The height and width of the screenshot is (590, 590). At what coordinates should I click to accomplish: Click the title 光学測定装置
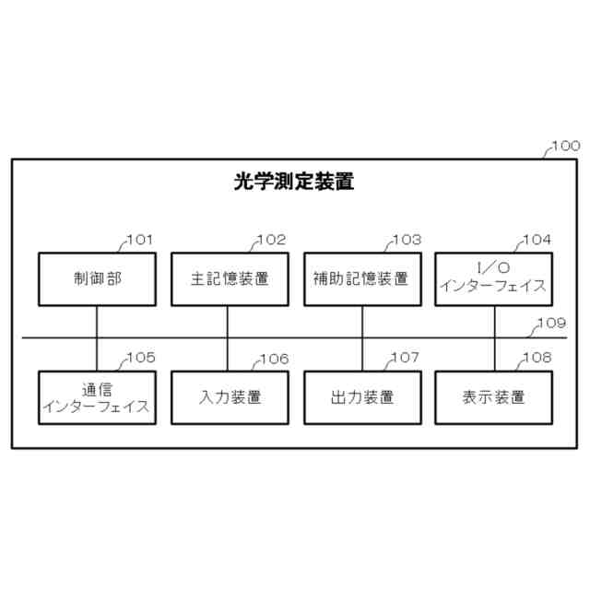[294, 182]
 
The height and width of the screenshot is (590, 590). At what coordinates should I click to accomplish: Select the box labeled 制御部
[97, 278]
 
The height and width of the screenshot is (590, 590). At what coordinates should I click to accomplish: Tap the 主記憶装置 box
[229, 278]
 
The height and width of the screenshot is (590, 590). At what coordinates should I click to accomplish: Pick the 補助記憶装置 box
[361, 278]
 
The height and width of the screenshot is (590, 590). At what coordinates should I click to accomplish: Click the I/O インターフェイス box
[493, 278]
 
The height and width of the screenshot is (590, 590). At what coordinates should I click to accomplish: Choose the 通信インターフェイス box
[97, 397]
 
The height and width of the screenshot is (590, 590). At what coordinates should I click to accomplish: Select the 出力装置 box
[361, 397]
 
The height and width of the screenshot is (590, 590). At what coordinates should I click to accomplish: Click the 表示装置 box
[493, 397]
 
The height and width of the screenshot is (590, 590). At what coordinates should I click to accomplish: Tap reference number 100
[564, 146]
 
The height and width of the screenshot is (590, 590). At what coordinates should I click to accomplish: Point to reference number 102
[271, 241]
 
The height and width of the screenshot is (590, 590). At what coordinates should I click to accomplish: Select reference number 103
[406, 241]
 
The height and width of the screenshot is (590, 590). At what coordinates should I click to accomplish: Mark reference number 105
[140, 358]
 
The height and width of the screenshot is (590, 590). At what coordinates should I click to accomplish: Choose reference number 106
[273, 359]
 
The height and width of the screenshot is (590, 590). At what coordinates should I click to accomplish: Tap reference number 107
[405, 358]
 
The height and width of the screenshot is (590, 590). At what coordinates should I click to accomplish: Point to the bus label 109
[551, 324]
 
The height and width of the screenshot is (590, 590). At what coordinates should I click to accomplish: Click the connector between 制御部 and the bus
[97, 321]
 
